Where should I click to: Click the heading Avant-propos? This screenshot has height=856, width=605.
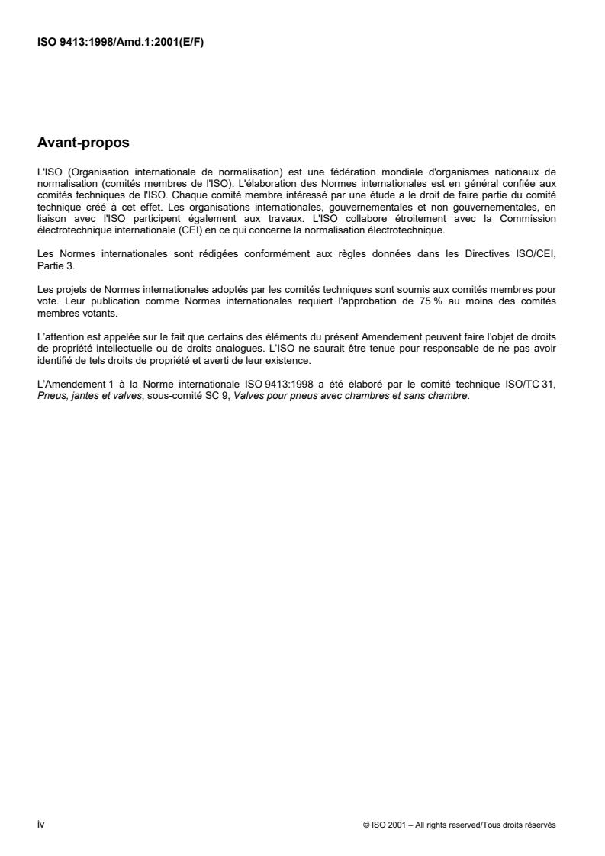coord(85,142)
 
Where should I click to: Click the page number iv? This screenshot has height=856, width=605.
coord(41,824)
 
